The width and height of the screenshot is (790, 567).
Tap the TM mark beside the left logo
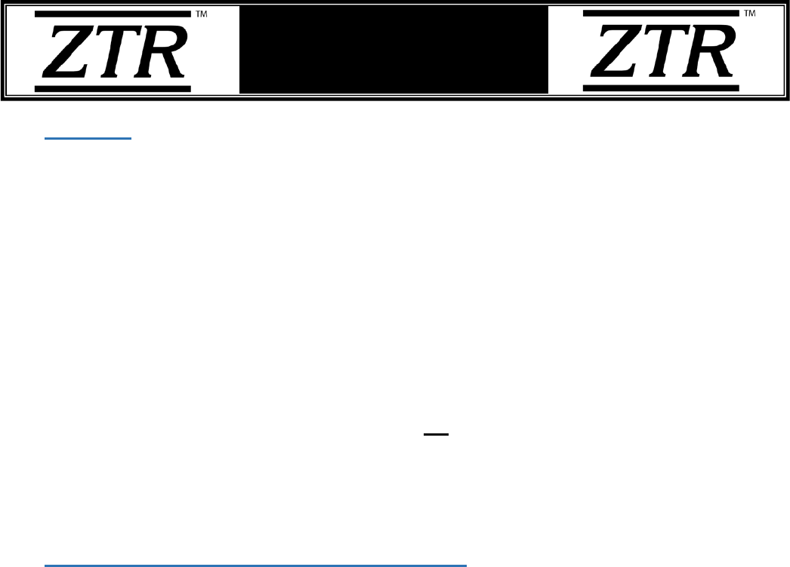tap(202, 14)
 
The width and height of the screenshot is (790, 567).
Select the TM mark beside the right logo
tap(750, 14)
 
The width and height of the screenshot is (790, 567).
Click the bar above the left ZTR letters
tap(113, 14)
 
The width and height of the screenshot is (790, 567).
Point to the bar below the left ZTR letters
tap(113, 88)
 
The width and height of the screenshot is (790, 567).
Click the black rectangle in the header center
tap(393, 50)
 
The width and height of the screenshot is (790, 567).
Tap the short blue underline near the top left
tap(88, 139)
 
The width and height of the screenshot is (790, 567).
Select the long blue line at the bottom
tap(256, 564)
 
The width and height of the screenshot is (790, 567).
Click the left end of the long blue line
tap(46, 564)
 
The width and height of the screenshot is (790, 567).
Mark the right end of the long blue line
tap(466, 564)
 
